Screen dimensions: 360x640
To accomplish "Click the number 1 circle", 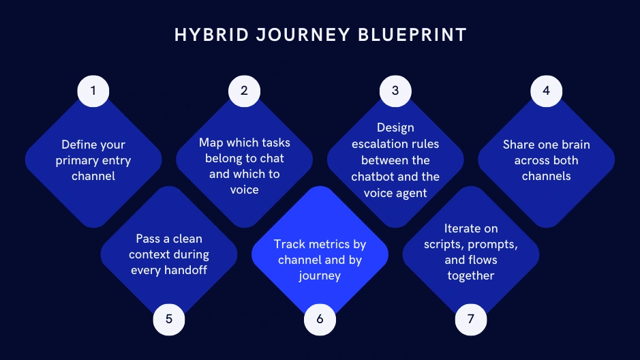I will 93,91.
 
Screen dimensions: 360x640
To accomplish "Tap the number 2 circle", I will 245,91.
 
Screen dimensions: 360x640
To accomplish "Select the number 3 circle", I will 395,91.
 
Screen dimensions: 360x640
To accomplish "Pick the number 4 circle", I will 546,91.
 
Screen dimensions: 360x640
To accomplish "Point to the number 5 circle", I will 169,318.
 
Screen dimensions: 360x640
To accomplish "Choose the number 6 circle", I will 320,318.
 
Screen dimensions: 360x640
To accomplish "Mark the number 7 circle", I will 471,318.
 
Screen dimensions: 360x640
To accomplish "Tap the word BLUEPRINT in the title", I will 412,35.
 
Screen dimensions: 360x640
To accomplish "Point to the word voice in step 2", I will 245,190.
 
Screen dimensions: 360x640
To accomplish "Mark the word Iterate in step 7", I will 462,228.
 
